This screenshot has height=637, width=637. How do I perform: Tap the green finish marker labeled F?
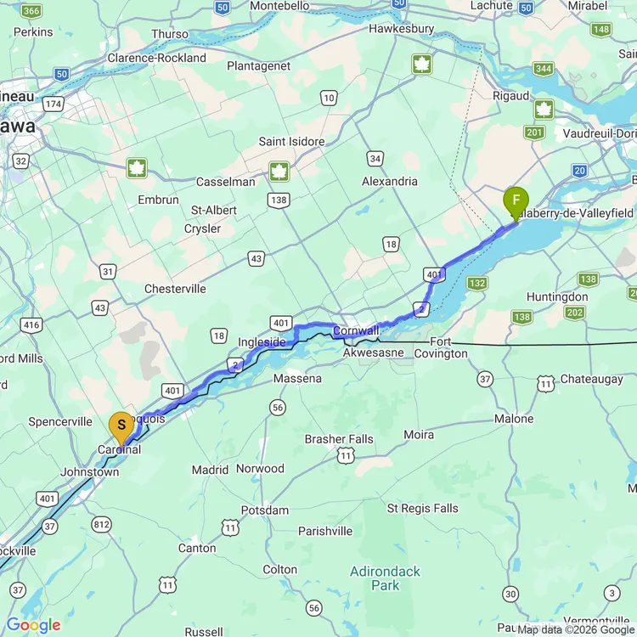(x=516, y=201)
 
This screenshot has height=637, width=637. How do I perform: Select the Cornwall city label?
(x=356, y=330)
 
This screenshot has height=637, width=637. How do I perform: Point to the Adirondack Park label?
(x=385, y=578)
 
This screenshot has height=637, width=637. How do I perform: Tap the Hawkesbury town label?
(x=402, y=29)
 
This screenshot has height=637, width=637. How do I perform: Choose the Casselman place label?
(x=225, y=182)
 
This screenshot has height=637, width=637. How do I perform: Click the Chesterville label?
(x=175, y=289)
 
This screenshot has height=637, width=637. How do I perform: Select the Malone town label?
(x=514, y=419)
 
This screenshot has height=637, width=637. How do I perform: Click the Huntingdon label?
(x=557, y=297)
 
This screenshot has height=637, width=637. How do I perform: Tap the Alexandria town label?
(x=390, y=181)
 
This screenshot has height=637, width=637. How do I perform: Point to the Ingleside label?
(x=262, y=341)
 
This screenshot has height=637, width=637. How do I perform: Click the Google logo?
(x=34, y=626)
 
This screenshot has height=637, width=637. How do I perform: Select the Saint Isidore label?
(x=291, y=141)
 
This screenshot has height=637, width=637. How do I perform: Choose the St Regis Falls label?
(x=422, y=508)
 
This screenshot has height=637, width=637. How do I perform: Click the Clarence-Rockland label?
(x=156, y=58)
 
